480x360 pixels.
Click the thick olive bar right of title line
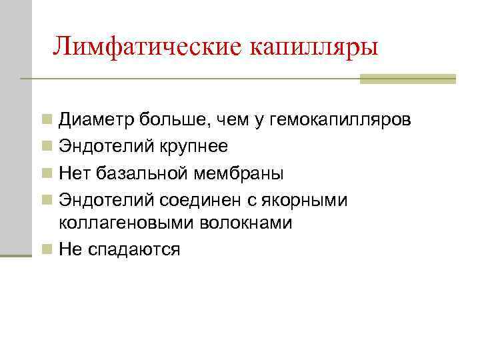tap(407, 79)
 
